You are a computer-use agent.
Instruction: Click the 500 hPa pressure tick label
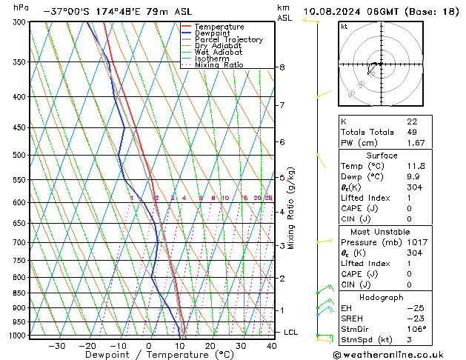[19, 155]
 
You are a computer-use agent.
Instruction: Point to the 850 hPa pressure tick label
[19, 293]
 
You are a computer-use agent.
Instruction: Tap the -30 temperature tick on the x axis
[57, 345]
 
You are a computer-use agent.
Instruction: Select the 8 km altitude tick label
[282, 67]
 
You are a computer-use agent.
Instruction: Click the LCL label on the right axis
[291, 333]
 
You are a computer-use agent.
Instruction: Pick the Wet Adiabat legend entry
[218, 52]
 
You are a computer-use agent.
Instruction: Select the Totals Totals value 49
[412, 132]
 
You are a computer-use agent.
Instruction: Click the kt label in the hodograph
[344, 26]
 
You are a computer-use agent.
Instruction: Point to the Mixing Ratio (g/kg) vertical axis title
[293, 208]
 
